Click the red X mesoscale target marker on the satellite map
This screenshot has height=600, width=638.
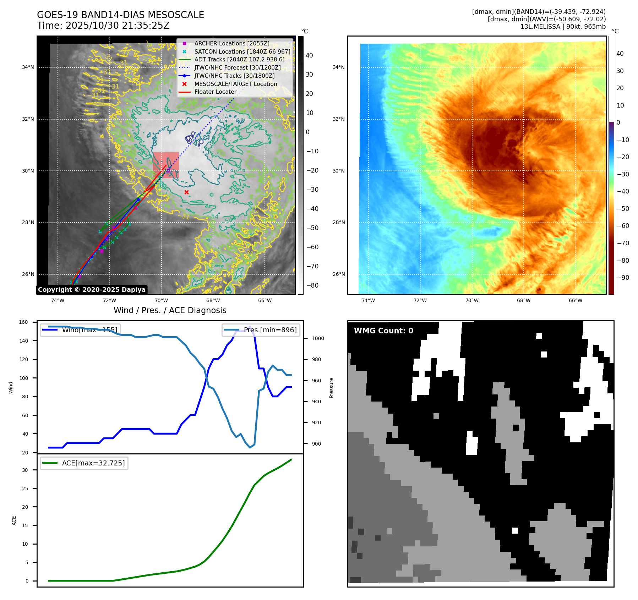click(x=186, y=192)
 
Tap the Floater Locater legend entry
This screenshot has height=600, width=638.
click(x=215, y=92)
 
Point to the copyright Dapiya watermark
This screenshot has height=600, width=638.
click(x=92, y=290)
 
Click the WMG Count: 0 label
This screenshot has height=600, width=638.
click(x=383, y=331)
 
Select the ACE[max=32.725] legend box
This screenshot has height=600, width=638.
click(x=84, y=463)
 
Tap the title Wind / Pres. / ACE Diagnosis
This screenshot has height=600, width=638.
click(x=170, y=310)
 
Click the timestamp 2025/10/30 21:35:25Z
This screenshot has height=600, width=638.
click(x=118, y=26)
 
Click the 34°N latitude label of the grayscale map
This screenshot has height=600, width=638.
click(x=28, y=67)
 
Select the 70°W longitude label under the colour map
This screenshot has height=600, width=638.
click(x=472, y=300)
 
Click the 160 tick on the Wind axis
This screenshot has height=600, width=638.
click(x=23, y=322)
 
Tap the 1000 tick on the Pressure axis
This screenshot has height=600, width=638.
click(x=318, y=338)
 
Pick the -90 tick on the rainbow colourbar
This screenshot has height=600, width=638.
click(x=623, y=278)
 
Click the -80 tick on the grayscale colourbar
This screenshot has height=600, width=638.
click(x=312, y=285)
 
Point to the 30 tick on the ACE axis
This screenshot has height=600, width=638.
click(x=25, y=470)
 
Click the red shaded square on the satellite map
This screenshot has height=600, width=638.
click(x=166, y=165)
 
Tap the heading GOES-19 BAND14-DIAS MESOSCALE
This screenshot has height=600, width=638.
click(x=120, y=15)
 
